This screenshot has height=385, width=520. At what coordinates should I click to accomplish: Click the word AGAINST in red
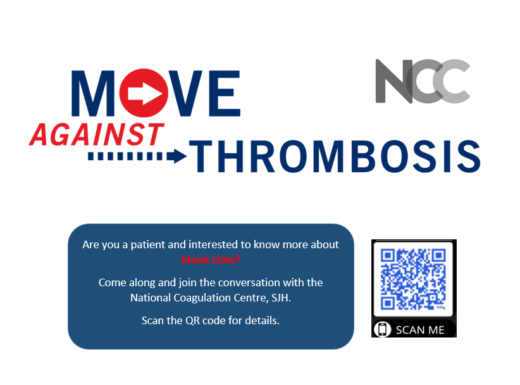click(97, 132)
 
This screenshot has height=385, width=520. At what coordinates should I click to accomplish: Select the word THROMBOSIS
click(335, 156)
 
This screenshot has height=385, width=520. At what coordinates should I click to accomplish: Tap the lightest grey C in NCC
click(452, 80)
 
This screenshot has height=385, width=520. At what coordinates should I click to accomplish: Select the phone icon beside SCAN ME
click(382, 329)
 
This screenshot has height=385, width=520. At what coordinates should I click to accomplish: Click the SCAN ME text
click(420, 330)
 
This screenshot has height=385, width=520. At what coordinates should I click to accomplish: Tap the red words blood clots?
click(211, 259)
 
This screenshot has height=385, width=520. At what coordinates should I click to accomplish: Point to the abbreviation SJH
click(280, 296)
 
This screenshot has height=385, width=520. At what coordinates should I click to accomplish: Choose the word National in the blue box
click(149, 296)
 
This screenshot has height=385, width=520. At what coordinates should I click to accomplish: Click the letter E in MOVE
click(221, 94)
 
